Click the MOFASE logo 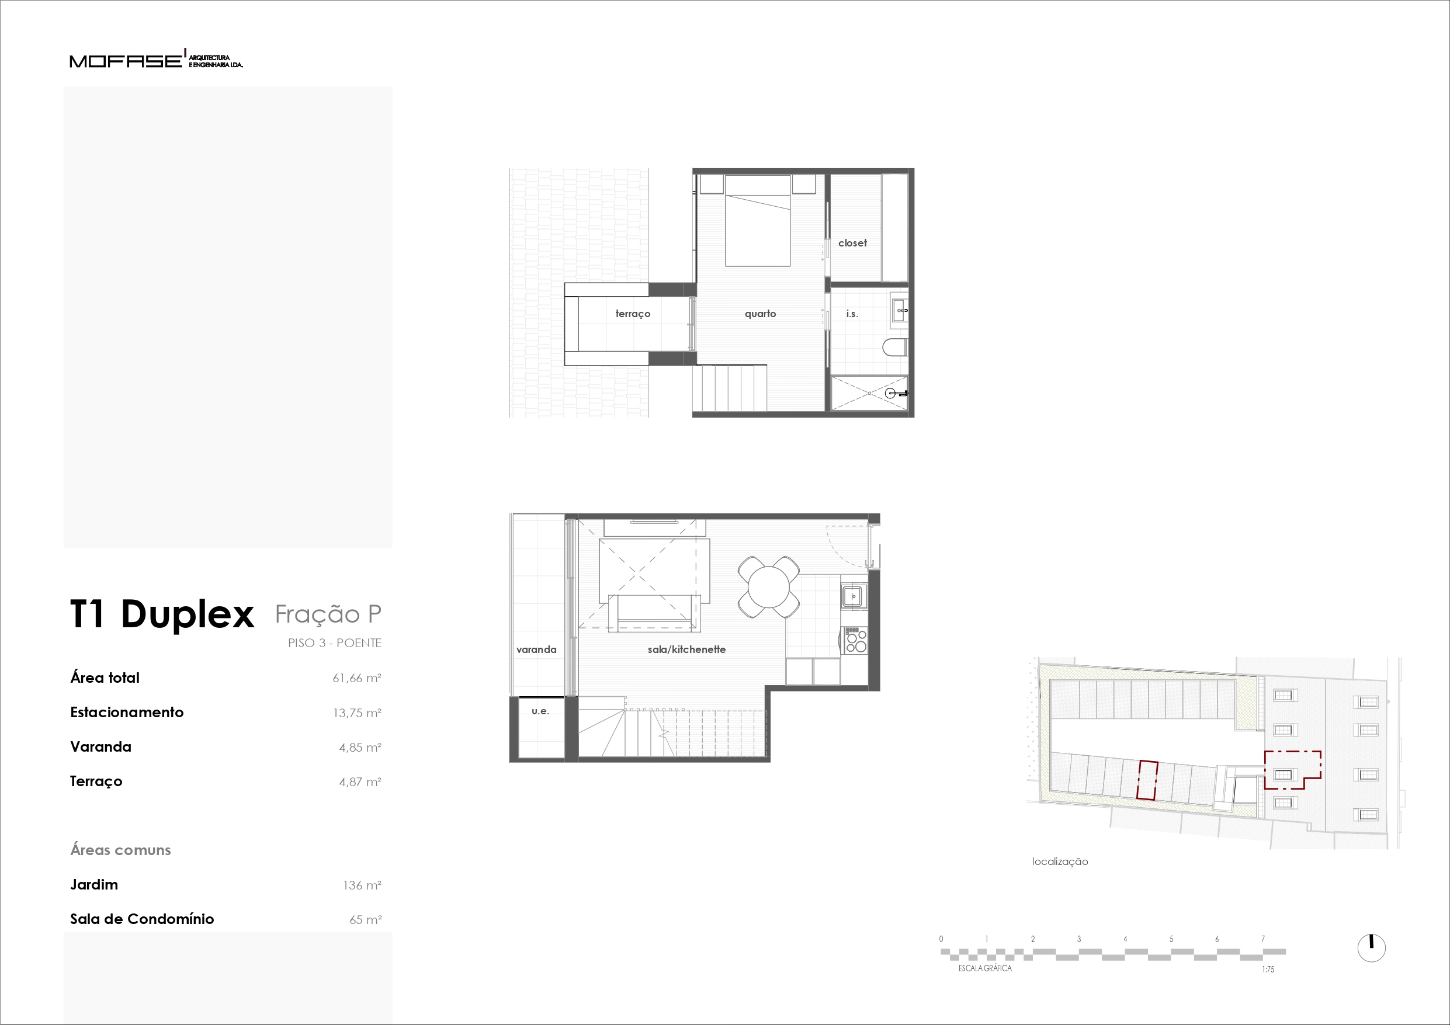[x=156, y=60]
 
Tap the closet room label [x=852, y=242]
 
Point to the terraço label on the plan [x=632, y=314]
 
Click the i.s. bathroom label [x=852, y=313]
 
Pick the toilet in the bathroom [x=894, y=347]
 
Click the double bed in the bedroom [x=757, y=220]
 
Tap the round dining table [x=768, y=587]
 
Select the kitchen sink [x=853, y=596]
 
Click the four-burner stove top [x=855, y=640]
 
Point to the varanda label [x=536, y=649]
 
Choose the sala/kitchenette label [x=686, y=649]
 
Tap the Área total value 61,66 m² [x=357, y=678]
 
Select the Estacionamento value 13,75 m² [x=357, y=713]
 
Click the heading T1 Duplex [x=162, y=614]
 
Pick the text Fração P [x=328, y=614]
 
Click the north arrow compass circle [x=1372, y=948]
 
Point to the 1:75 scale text [x=1268, y=970]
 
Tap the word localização [x=1060, y=861]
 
